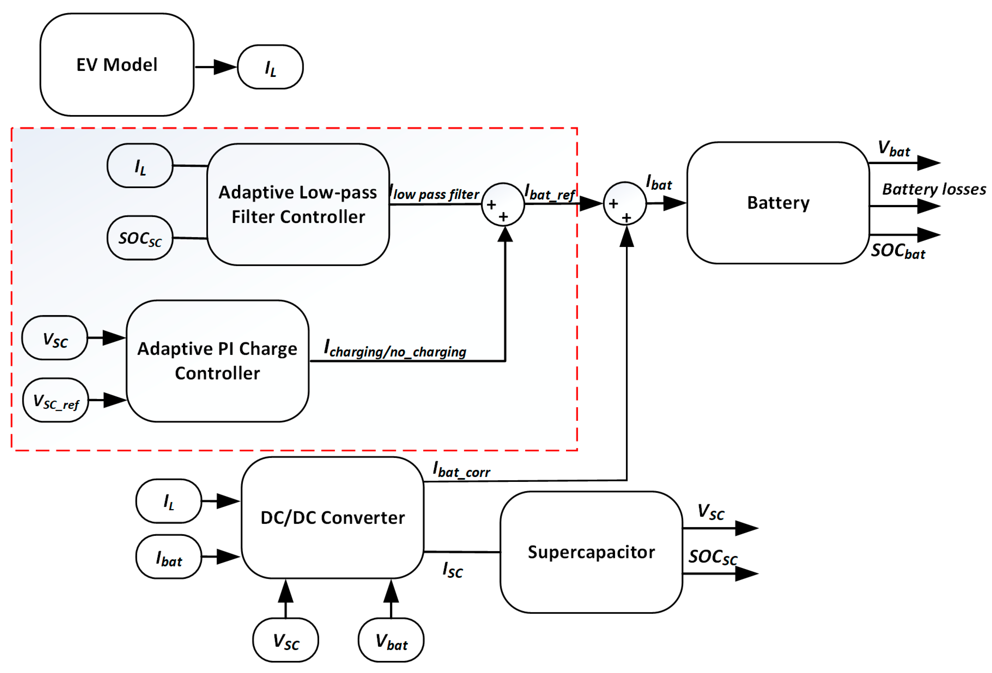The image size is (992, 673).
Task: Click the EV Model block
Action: (x=117, y=65)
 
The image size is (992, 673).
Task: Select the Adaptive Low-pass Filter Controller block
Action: (x=298, y=205)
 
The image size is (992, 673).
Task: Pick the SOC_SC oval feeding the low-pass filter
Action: (x=140, y=238)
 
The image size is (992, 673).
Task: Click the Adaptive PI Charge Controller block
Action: (x=217, y=361)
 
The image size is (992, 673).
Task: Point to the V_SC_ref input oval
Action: (x=56, y=401)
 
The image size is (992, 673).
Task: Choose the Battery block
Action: (x=778, y=203)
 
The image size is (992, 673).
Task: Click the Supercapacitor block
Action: (x=591, y=552)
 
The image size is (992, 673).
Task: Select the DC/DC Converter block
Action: (x=333, y=518)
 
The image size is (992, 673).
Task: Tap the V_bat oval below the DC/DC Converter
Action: (x=391, y=641)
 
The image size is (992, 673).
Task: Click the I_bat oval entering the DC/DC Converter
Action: (x=169, y=557)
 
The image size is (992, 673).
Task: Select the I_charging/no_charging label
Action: (x=395, y=349)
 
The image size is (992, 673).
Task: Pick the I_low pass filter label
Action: (x=435, y=194)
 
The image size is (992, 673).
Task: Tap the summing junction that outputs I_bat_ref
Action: (x=503, y=204)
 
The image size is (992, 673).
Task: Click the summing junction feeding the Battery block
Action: (x=625, y=204)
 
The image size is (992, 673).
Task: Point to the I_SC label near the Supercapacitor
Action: (x=452, y=570)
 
